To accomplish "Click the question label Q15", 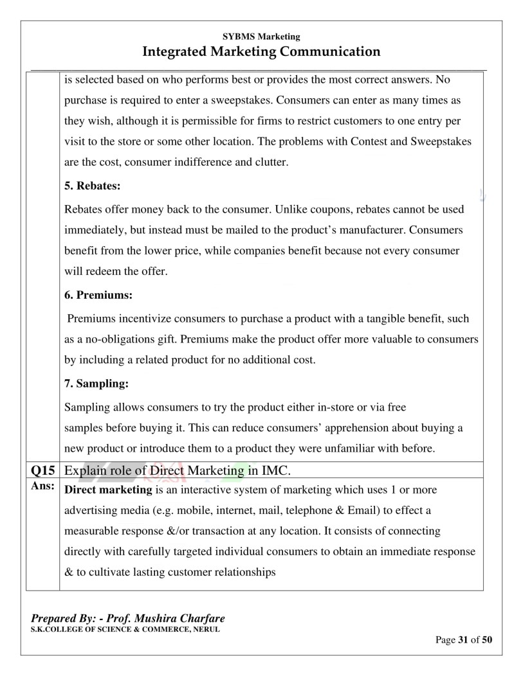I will coord(42,471).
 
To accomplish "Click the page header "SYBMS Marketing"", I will coord(261,37).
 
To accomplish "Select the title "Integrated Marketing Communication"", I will coord(261,51).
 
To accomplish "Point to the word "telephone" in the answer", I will coord(313,511).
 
